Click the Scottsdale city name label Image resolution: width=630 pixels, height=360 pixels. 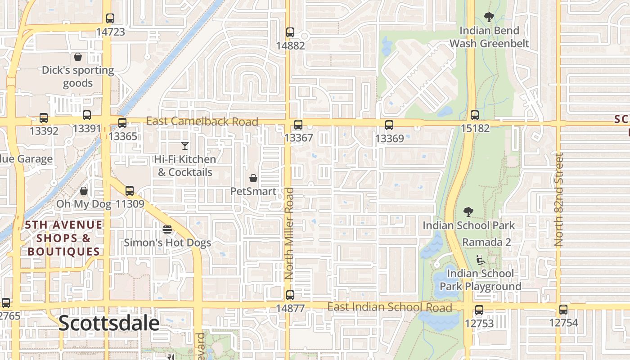click(109, 324)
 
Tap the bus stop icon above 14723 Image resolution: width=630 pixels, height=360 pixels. click(110, 18)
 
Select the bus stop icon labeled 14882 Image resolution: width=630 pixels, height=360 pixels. click(290, 32)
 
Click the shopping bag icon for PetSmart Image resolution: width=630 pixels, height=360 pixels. click(253, 178)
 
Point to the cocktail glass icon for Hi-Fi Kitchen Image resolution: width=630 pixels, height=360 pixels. click(184, 145)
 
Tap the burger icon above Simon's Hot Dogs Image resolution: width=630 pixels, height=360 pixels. click(167, 229)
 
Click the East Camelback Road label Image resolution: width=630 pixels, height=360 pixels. click(202, 121)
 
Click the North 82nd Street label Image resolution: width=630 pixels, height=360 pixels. click(559, 199)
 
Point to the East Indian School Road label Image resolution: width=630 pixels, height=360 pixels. click(389, 307)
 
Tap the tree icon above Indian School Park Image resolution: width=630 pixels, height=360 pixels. click(468, 211)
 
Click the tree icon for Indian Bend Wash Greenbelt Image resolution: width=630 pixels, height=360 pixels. click(489, 17)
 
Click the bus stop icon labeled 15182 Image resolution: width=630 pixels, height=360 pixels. click(475, 115)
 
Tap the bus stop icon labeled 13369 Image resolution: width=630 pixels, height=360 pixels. click(389, 125)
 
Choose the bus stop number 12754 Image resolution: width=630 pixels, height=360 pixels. click(563, 323)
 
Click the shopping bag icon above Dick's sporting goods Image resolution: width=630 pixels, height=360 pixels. click(78, 57)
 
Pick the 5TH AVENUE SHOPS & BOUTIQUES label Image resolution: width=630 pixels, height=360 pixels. click(63, 238)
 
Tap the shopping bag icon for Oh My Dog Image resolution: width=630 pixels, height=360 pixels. click(84, 191)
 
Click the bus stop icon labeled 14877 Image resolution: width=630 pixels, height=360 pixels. click(290, 295)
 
